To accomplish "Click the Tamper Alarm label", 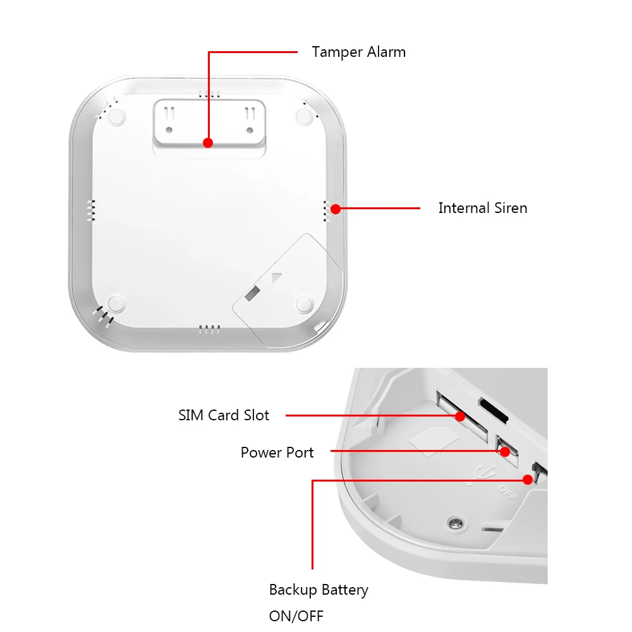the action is [358, 52].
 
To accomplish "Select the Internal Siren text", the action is [482, 208].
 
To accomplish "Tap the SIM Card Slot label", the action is [224, 415].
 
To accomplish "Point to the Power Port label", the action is [277, 453].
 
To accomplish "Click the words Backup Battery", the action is [319, 590].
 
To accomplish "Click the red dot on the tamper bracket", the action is [208, 143].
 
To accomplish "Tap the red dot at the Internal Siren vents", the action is [336, 208].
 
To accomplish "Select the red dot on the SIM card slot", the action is [460, 416].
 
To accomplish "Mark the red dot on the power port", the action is [504, 451].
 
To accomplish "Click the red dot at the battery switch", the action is [528, 480].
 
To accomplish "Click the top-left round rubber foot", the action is [116, 116].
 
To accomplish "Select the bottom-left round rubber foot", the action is [115, 303].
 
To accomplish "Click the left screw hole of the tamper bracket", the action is [169, 130].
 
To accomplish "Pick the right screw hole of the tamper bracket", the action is [250, 130].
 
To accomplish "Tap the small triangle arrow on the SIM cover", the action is [275, 277].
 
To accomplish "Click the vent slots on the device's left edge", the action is [91, 210].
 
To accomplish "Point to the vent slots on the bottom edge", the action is [209, 329].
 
